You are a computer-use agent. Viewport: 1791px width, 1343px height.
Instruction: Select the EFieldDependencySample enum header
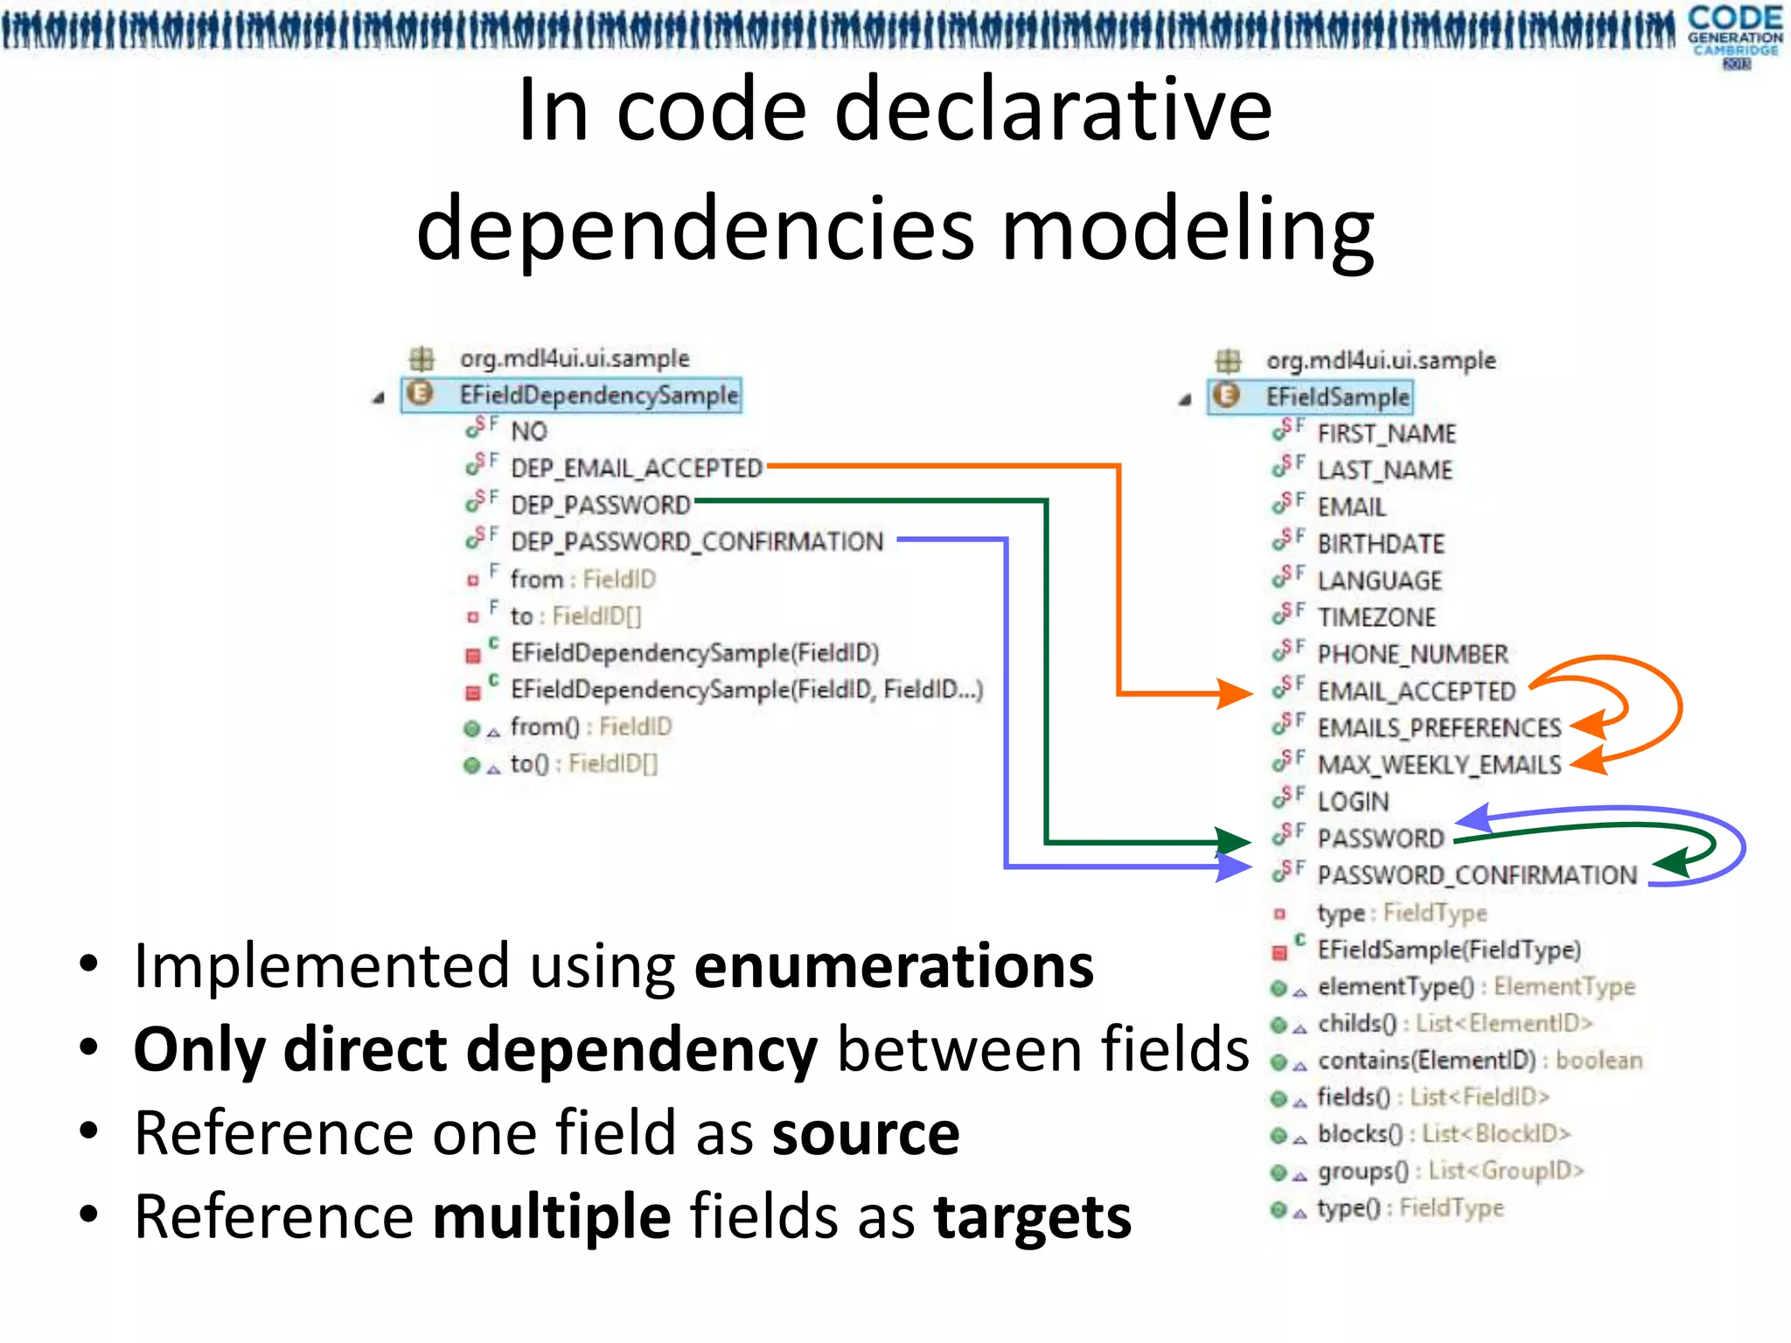(598, 395)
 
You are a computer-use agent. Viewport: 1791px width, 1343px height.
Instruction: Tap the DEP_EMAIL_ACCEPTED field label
(637, 469)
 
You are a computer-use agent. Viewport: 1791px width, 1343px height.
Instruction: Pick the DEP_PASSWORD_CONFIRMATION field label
(697, 542)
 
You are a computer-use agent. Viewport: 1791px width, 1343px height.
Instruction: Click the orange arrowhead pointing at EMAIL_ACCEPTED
(1235, 693)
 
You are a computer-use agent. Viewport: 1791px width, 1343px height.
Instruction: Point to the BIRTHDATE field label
(1380, 544)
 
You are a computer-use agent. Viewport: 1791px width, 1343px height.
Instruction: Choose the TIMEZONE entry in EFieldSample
(1376, 617)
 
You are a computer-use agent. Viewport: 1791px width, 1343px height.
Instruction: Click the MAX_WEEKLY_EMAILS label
(1439, 765)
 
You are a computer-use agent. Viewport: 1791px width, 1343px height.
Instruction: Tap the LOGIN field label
(1353, 802)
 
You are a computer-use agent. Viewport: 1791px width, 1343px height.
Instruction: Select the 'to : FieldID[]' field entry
(575, 616)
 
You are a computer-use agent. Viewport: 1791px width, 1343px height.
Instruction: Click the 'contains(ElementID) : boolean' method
(1480, 1061)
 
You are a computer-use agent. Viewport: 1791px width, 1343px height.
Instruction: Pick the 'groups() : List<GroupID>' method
(1450, 1171)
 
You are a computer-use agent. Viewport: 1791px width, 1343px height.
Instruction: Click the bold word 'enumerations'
(894, 966)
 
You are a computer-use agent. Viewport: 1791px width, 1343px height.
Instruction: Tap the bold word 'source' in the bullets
(866, 1133)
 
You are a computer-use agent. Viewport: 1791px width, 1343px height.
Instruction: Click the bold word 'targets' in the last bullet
(1032, 1216)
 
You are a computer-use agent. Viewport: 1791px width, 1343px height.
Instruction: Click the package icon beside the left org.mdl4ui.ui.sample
(422, 358)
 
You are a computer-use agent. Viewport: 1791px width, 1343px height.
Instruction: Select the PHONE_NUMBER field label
(1411, 654)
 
